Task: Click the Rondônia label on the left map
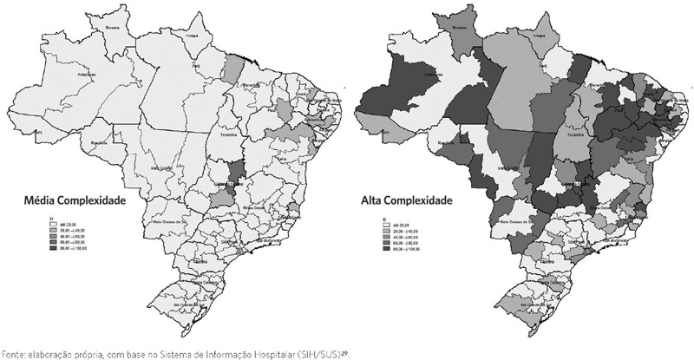pos(96,142)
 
